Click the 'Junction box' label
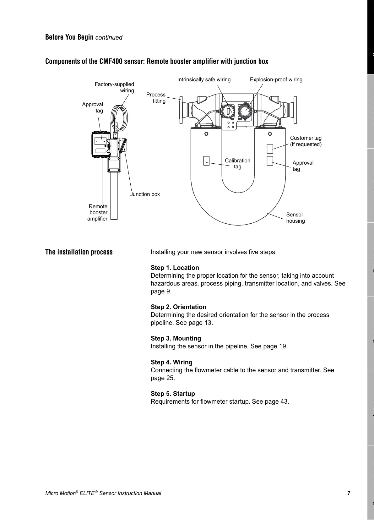click(145, 194)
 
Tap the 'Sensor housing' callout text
click(295, 218)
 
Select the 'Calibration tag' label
click(237, 163)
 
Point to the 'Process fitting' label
click(156, 97)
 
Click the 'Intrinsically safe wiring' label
click(204, 79)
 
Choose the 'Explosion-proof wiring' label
click(276, 79)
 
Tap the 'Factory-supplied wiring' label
click(115, 87)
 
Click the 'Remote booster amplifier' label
click(98, 212)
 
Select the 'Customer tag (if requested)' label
click(306, 141)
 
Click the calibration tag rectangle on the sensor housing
click(206, 161)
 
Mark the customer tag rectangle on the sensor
click(270, 149)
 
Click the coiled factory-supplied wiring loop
click(119, 116)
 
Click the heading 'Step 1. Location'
click(175, 268)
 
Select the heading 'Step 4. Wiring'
click(171, 362)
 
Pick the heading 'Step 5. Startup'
click(173, 394)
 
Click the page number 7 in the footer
click(349, 493)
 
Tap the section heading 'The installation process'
click(79, 252)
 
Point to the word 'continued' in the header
click(109, 37)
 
